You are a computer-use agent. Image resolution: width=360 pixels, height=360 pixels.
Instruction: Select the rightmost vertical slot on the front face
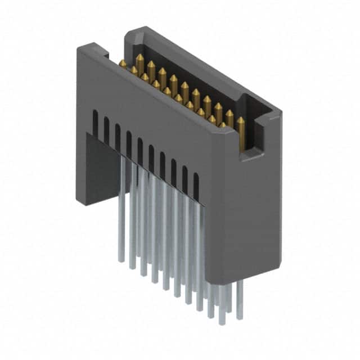pos(196,186)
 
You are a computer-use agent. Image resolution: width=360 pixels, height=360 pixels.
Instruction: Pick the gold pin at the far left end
pos(122,63)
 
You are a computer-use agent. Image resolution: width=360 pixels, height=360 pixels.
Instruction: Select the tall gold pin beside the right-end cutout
pos(241,132)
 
